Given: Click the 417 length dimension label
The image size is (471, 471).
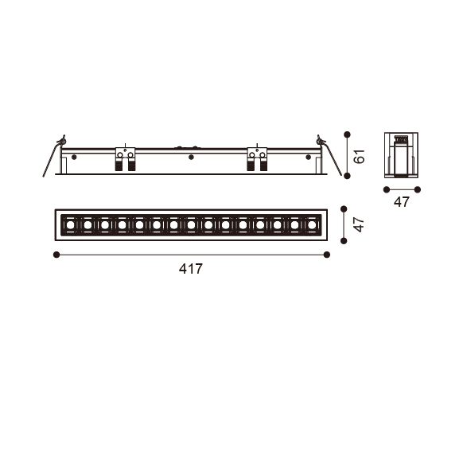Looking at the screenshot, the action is click(191, 269).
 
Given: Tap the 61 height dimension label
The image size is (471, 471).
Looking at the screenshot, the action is click(359, 156).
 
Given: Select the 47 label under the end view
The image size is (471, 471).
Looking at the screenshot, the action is click(402, 202).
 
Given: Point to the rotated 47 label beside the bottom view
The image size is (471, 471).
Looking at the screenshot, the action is click(358, 224).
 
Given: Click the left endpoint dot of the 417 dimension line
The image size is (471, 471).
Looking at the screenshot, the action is click(56, 255).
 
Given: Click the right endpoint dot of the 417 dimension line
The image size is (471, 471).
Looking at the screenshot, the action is click(327, 255).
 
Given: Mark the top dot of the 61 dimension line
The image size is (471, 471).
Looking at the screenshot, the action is click(347, 134).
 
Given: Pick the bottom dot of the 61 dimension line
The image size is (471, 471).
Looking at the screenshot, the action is click(347, 176).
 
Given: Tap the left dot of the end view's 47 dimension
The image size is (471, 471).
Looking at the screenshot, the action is click(387, 189).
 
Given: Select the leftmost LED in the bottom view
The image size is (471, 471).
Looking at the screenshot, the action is click(70, 225).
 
